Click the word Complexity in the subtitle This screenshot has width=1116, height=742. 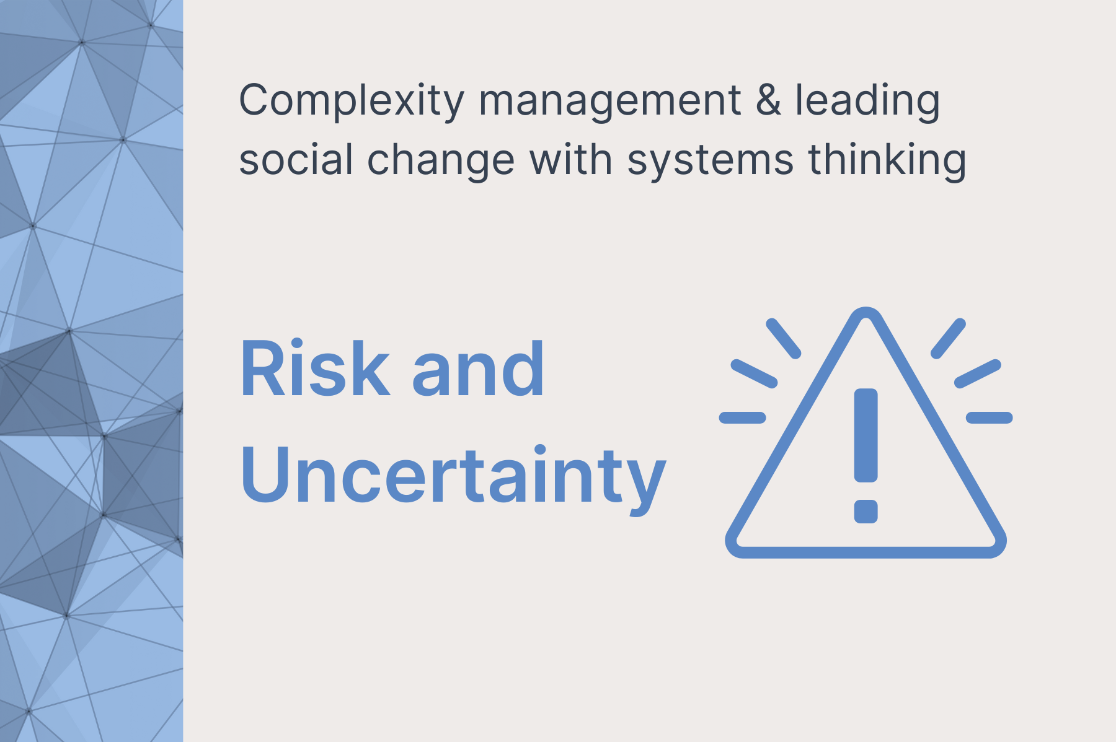click(x=352, y=102)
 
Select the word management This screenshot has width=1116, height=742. click(x=609, y=100)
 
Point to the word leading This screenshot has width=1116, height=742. click(x=868, y=102)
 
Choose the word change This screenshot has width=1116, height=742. click(x=441, y=160)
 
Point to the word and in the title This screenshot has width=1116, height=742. click(x=477, y=369)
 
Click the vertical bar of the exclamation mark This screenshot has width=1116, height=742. click(x=866, y=435)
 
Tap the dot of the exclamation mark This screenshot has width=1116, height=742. click(x=866, y=511)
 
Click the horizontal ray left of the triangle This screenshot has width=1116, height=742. click(x=743, y=417)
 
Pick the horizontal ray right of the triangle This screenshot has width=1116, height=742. click(x=990, y=417)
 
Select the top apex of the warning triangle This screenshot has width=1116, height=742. click(x=866, y=309)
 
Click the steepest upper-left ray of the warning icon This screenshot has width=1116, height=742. click(x=784, y=338)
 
